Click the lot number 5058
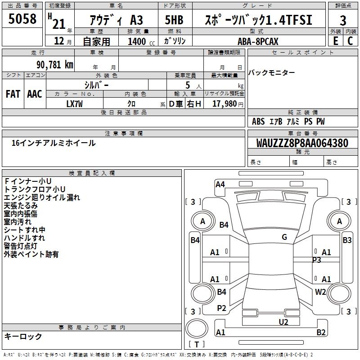click(x=22, y=19)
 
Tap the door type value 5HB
click(x=173, y=21)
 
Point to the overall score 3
click(x=343, y=21)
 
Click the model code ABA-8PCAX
click(x=258, y=41)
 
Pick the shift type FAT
click(x=13, y=94)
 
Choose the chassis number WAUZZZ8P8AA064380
click(x=302, y=144)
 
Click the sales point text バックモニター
click(x=272, y=73)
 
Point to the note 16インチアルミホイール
click(x=54, y=143)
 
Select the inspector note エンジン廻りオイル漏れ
click(x=42, y=197)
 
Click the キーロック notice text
click(x=23, y=336)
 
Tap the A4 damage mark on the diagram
click(x=220, y=184)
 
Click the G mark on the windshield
click(x=284, y=237)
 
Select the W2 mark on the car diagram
click(x=320, y=292)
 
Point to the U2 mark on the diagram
click(x=283, y=322)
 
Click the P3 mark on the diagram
click(x=317, y=260)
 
